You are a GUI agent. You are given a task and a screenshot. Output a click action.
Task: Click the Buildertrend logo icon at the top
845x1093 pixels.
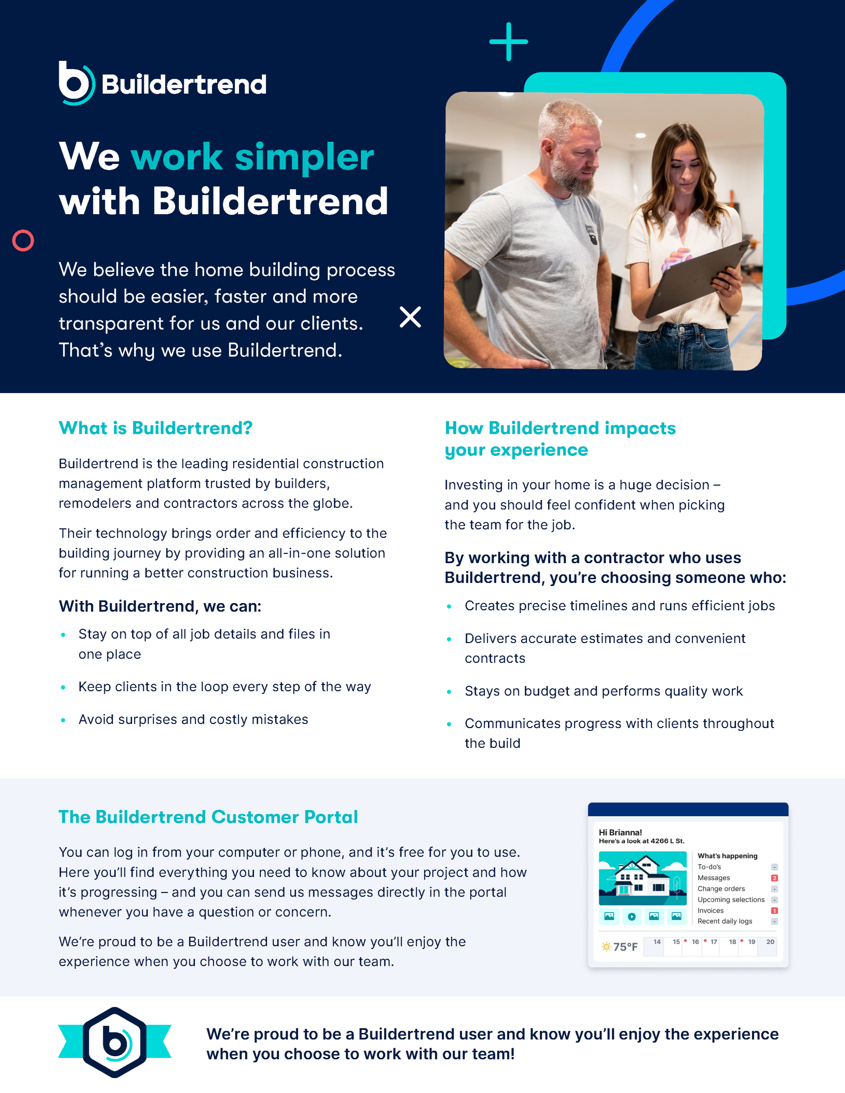coord(76,83)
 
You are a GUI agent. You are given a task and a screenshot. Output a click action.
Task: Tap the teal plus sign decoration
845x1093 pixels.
coord(508,42)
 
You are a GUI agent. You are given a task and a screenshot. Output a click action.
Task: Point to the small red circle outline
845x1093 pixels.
coord(23,241)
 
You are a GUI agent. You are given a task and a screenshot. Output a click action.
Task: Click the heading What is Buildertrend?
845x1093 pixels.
coord(155,428)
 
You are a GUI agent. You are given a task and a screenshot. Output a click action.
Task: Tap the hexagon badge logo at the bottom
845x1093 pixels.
coord(115,1042)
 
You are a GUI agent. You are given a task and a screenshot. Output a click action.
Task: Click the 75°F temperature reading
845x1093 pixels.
coord(625,947)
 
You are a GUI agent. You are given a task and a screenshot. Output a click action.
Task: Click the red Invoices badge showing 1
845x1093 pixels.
coord(774,911)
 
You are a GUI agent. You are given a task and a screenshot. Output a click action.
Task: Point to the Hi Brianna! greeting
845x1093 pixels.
coord(620,832)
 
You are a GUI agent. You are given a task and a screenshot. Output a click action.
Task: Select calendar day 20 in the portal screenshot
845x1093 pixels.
coord(770,942)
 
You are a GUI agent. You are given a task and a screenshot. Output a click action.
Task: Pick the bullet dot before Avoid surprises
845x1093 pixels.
coord(63,720)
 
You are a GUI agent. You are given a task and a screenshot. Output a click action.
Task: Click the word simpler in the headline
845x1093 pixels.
coord(304,157)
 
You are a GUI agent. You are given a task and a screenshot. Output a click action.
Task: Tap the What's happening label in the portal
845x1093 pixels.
coord(727,856)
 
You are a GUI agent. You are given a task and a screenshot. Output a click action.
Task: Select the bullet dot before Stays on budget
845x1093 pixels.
coord(449,692)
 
